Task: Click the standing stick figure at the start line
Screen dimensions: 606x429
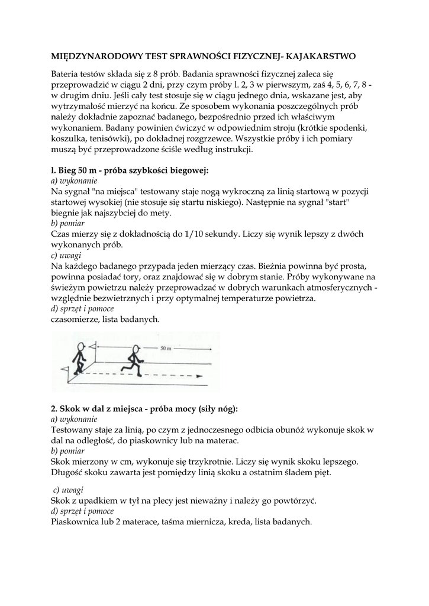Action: point(78,359)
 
